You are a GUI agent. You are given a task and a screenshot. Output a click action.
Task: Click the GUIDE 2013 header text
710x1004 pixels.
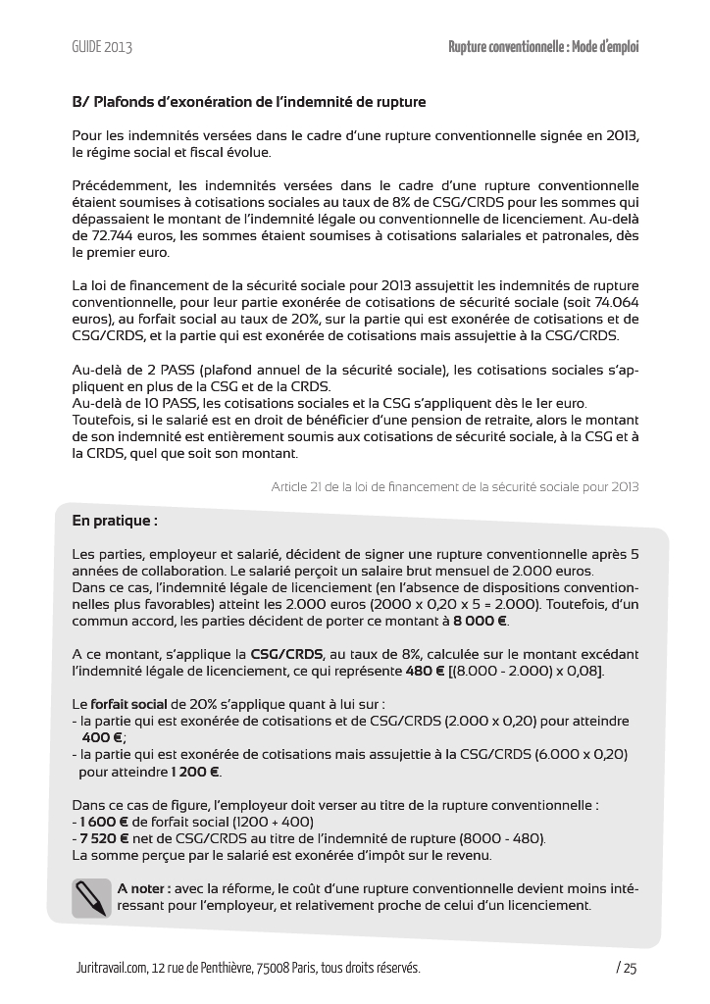click(102, 47)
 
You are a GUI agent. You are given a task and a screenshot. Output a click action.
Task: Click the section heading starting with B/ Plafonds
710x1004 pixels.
click(249, 102)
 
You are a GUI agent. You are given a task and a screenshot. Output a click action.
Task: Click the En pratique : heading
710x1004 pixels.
click(115, 521)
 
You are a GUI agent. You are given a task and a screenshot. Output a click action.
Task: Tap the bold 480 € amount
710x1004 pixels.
click(425, 672)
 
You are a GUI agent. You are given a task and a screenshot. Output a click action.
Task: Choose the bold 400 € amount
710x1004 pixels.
click(103, 737)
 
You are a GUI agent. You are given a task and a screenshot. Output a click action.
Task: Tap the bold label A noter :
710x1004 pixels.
click(144, 888)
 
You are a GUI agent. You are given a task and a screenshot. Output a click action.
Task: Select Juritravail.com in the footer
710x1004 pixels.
click(111, 969)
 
